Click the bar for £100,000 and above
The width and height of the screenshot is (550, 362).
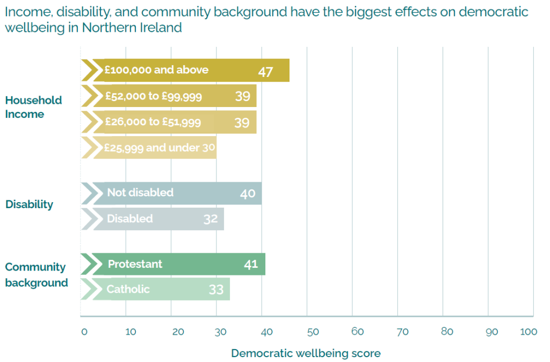[x=185, y=70]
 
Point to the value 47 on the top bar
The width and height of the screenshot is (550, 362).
[x=266, y=72]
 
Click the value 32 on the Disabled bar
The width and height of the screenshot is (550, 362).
[x=211, y=219]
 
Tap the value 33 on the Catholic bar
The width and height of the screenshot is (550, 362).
[x=216, y=289]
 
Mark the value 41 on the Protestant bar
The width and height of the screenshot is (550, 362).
[x=251, y=264]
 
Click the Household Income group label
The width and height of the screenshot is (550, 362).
[x=33, y=107]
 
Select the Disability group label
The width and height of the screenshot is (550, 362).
[x=30, y=204]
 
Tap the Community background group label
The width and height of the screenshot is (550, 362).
[x=36, y=274]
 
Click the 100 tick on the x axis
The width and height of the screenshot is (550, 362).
[x=529, y=332]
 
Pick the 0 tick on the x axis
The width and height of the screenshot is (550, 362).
[x=84, y=332]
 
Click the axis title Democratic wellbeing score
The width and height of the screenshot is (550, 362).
[x=306, y=353]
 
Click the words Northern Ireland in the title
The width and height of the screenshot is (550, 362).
[x=132, y=27]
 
